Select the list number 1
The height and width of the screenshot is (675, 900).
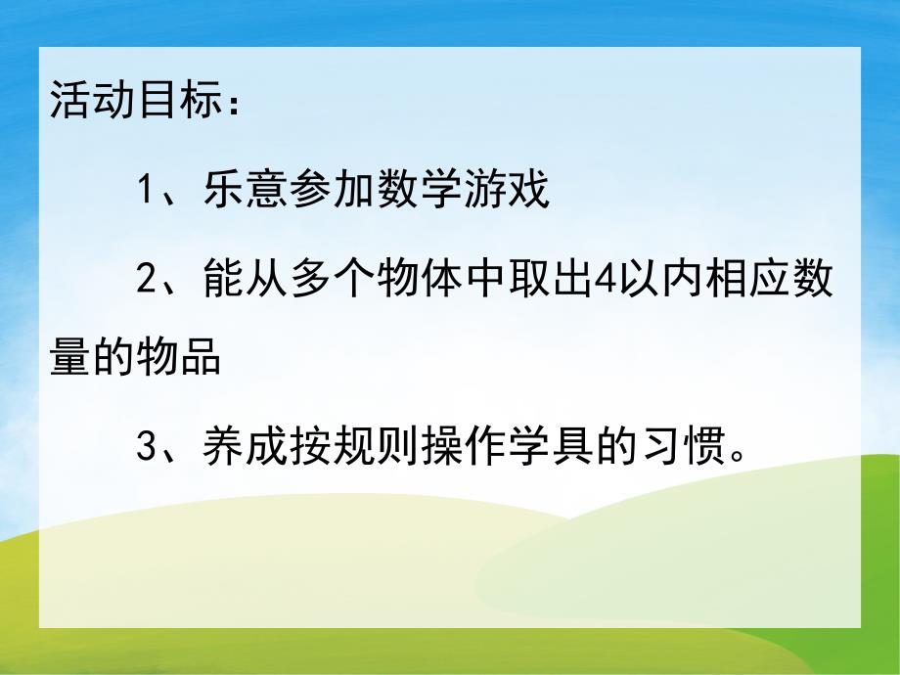point(145,190)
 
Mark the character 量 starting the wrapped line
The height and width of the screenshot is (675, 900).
point(69,359)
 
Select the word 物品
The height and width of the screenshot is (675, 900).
point(178,359)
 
